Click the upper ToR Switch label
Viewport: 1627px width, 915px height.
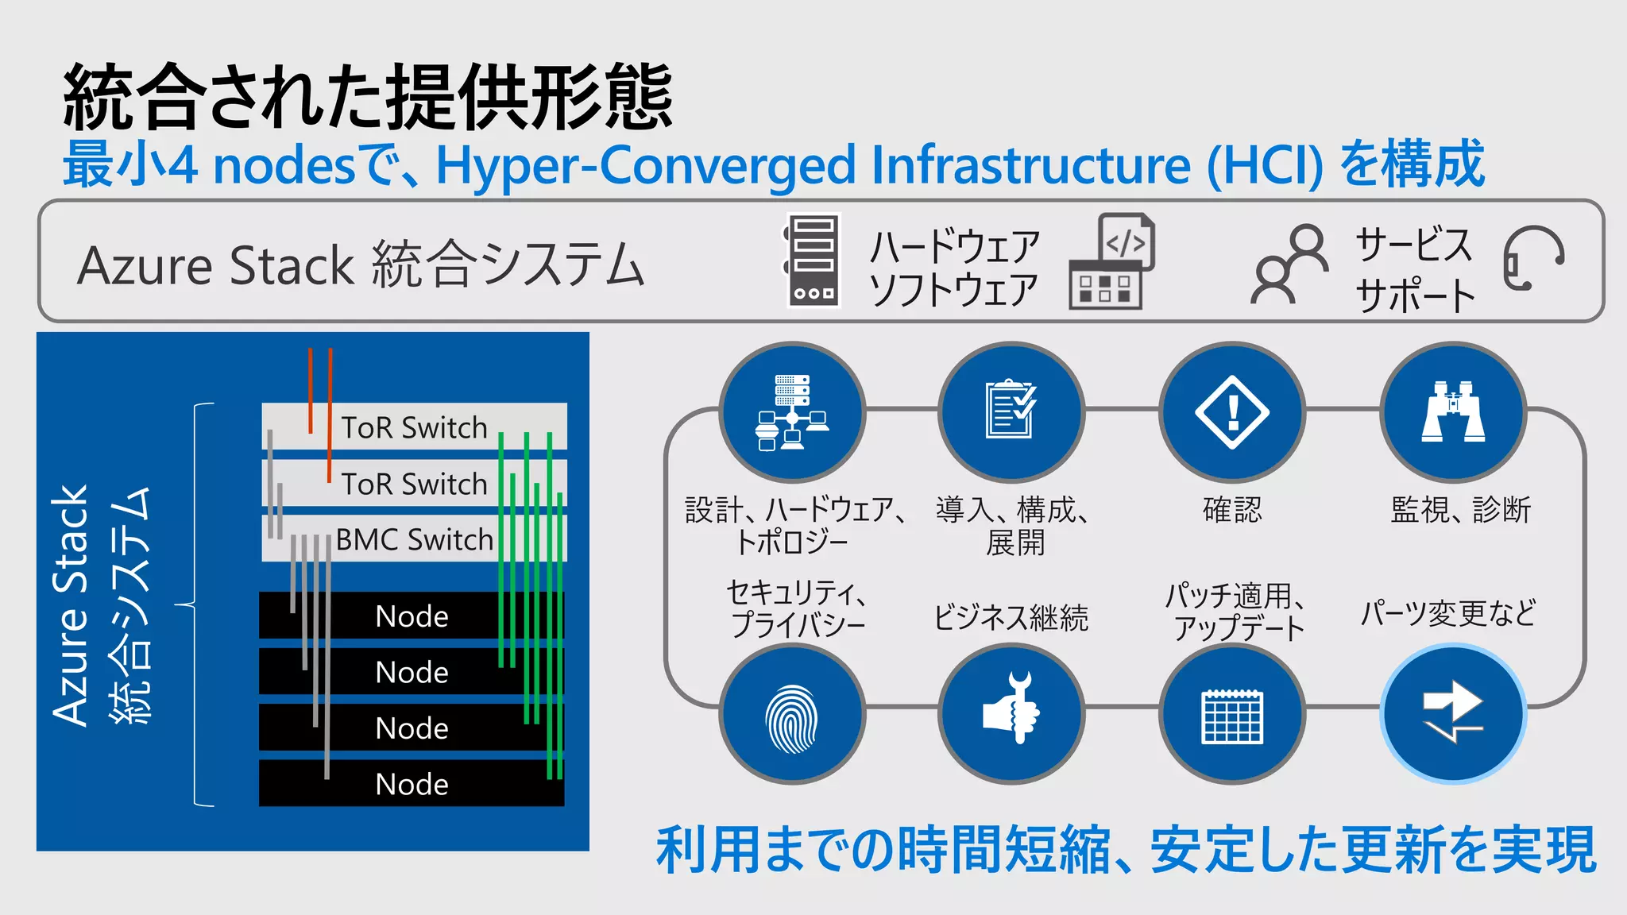(x=414, y=427)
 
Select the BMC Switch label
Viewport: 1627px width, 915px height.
(x=414, y=539)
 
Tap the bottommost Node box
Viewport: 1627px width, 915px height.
(x=412, y=784)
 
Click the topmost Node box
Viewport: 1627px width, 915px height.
(x=412, y=616)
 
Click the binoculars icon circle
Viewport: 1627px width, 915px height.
(x=1453, y=411)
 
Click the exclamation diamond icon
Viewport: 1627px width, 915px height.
(x=1232, y=411)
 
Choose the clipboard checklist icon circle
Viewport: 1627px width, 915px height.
(x=1011, y=411)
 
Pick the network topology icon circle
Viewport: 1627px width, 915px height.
(x=792, y=411)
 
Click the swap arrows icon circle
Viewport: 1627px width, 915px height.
(x=1453, y=713)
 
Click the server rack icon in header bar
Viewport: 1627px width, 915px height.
(x=813, y=261)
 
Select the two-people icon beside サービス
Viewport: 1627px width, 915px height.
(x=1290, y=264)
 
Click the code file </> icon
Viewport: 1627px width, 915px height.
(x=1126, y=241)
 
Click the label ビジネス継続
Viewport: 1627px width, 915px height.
(x=1011, y=617)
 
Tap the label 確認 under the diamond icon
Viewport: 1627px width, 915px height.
(x=1232, y=509)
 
